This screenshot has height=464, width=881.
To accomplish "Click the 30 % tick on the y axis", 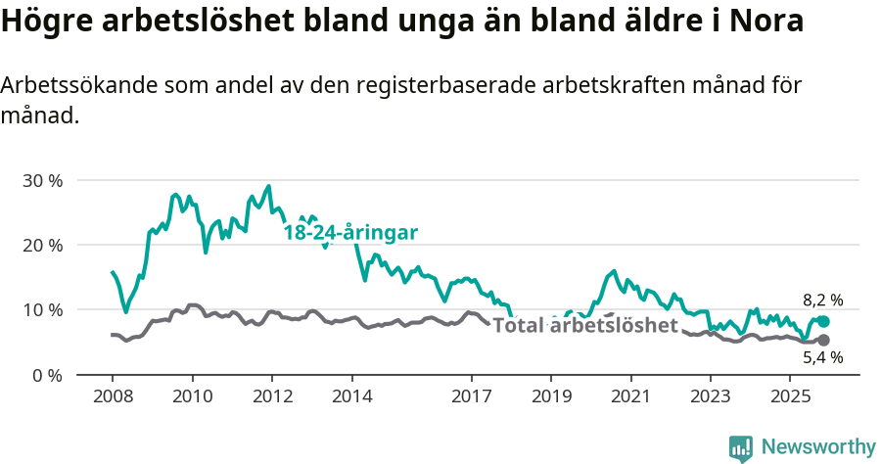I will [x=41, y=181].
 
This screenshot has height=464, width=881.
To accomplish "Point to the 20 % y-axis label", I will [x=41, y=246].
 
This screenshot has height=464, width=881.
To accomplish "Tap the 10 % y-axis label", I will [x=41, y=310].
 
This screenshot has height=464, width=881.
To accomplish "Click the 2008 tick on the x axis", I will [x=112, y=397].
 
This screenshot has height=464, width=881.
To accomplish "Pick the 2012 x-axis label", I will [x=272, y=397].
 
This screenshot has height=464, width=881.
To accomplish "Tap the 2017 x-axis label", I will [x=471, y=397].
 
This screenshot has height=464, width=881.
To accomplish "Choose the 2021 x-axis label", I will [x=630, y=397].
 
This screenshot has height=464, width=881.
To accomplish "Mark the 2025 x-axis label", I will [x=789, y=397].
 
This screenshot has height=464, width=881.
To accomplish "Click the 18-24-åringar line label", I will [x=350, y=233].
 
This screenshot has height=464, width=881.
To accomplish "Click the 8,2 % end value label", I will [x=822, y=301].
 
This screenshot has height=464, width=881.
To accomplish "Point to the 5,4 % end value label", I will [x=822, y=358].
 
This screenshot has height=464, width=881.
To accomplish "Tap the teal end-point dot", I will [x=823, y=321].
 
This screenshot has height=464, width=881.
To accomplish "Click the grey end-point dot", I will [x=823, y=340].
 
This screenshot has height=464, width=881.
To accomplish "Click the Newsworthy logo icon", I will [x=741, y=447].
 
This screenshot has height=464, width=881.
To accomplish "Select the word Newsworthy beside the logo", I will [x=817, y=447].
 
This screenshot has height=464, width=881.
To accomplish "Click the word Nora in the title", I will [x=766, y=22].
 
